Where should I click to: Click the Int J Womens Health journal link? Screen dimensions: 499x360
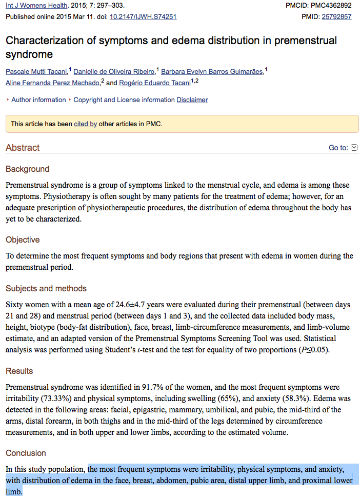(x=36, y=6)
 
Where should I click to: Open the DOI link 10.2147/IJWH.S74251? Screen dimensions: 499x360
(x=143, y=16)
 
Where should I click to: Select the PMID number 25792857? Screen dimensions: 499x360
(x=336, y=16)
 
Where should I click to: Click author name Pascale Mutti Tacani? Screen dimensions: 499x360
(x=36, y=71)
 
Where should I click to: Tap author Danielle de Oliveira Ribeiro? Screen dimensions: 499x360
(x=114, y=71)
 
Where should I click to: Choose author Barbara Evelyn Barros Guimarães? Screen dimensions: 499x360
(x=212, y=71)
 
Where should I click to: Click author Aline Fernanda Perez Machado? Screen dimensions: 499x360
(x=52, y=83)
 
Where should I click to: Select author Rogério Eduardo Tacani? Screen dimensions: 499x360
(x=154, y=83)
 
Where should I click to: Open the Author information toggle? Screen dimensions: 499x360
(x=38, y=100)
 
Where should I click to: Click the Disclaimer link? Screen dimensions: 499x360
(x=192, y=100)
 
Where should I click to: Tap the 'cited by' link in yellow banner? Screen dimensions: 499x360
(x=86, y=124)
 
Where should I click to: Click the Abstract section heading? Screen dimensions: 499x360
(x=23, y=148)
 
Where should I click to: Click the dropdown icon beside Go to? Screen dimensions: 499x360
(x=354, y=148)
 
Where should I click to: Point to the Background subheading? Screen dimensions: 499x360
(x=27, y=169)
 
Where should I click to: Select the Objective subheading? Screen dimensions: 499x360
(x=23, y=239)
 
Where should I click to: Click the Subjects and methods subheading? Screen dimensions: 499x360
(x=46, y=288)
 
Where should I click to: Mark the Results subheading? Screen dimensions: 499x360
(x=19, y=371)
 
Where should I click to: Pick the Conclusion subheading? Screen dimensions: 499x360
(x=26, y=453)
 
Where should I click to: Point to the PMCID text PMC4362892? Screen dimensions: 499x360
(x=331, y=6)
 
